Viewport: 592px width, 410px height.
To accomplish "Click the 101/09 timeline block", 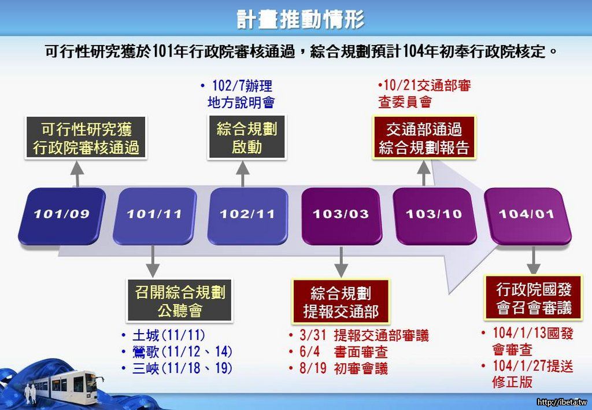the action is click(62, 216).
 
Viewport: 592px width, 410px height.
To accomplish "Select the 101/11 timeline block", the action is click(155, 216).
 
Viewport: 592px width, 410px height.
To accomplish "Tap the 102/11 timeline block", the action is click(247, 216).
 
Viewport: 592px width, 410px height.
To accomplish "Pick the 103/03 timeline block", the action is click(341, 216).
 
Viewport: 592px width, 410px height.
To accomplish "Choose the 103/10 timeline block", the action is click(434, 216).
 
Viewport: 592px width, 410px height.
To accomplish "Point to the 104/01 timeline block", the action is click(527, 216).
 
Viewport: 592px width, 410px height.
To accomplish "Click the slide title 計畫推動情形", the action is click(300, 19).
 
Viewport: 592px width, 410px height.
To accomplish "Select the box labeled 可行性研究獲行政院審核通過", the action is click(86, 138).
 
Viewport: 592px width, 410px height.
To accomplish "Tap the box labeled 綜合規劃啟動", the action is click(247, 137).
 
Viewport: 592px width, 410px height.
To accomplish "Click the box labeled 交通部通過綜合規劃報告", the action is click(424, 138).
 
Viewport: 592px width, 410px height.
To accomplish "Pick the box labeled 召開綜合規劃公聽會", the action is click(179, 301).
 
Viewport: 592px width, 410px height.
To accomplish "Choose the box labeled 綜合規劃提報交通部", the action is click(341, 302).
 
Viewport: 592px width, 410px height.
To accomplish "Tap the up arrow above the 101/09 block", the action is click(77, 173).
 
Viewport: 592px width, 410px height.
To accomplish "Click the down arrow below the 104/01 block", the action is click(533, 260).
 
